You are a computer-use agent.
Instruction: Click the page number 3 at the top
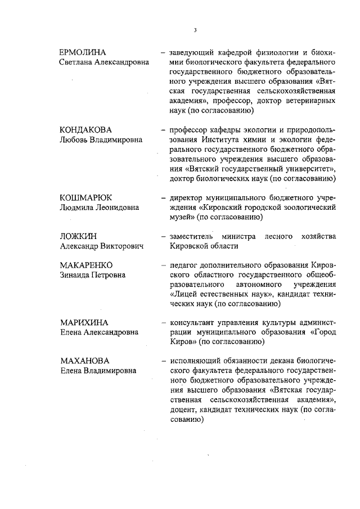[195, 30]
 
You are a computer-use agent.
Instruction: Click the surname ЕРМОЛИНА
[83, 52]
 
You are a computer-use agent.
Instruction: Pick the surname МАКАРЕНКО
[86, 265]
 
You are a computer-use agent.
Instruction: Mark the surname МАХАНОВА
[84, 361]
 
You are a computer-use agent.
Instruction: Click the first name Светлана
[78, 62]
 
